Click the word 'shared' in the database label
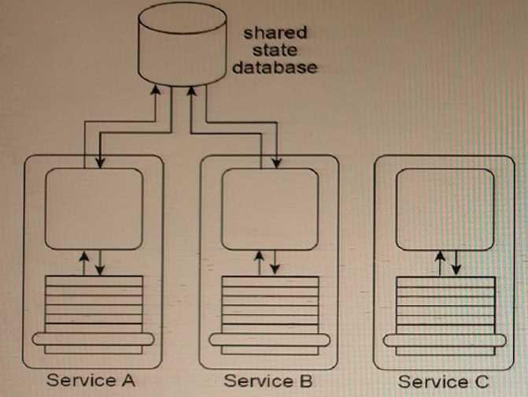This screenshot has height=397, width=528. [x=275, y=33]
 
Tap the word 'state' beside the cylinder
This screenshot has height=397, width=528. [x=275, y=50]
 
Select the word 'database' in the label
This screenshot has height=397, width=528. [x=275, y=67]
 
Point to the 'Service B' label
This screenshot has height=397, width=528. [x=268, y=380]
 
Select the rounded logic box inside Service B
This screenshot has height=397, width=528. [x=270, y=208]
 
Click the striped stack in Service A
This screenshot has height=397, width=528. [x=94, y=303]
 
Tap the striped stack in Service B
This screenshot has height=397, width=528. [x=270, y=303]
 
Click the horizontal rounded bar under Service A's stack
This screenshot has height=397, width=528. [x=94, y=339]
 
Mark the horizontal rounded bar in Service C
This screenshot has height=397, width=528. [x=443, y=341]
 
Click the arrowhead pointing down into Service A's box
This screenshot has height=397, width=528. [x=100, y=163]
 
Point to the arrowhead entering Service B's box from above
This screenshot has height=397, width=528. [x=276, y=163]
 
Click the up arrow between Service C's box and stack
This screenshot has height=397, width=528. [x=441, y=261]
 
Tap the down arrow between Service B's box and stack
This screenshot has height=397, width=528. [x=275, y=265]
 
